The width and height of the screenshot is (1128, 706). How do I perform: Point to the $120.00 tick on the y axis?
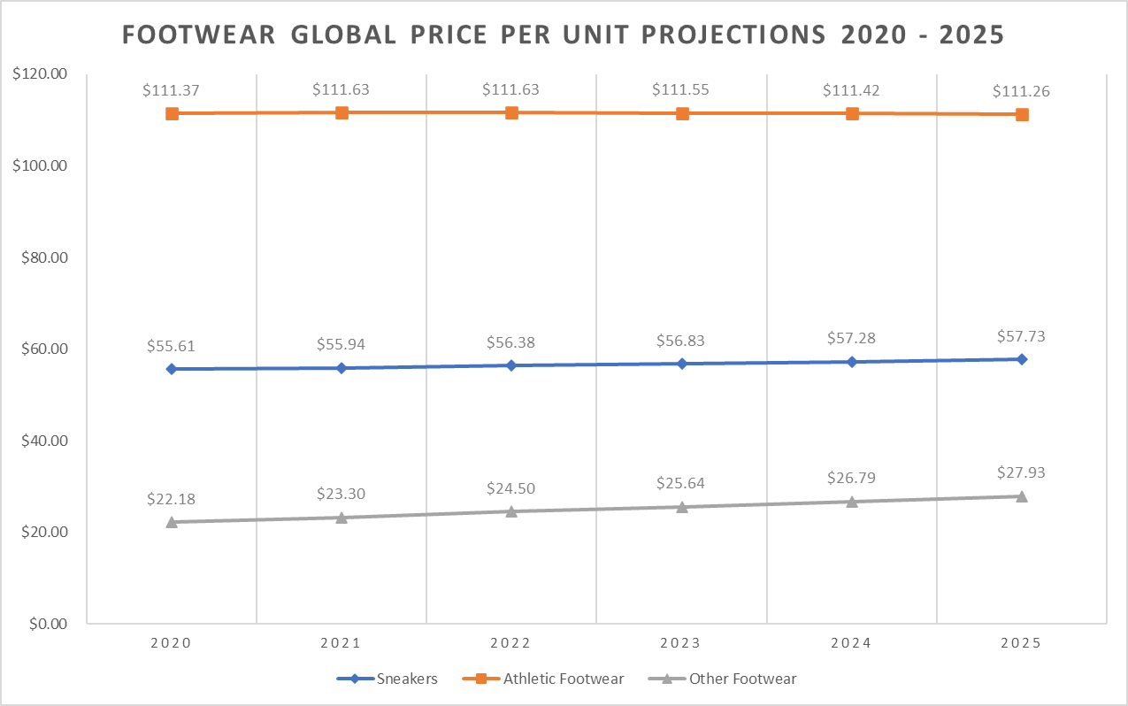(x=41, y=74)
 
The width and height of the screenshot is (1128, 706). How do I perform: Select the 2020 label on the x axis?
(x=172, y=643)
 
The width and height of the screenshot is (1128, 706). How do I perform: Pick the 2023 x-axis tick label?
(x=681, y=643)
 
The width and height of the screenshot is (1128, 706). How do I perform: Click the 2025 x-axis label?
(x=1022, y=643)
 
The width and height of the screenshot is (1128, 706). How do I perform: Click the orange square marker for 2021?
(x=341, y=112)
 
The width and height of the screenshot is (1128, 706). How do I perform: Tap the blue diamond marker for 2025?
(x=1022, y=359)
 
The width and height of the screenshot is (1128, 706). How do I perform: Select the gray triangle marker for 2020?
(x=172, y=522)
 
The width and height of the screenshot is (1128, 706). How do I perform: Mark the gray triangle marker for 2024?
(x=852, y=502)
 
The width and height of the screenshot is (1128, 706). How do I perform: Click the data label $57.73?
(x=1022, y=336)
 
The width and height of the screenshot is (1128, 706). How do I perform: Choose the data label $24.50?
(x=511, y=488)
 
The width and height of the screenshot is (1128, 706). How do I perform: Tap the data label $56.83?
(x=681, y=341)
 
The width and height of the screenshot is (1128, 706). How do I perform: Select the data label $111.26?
(x=1022, y=91)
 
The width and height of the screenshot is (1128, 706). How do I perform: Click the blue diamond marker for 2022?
(x=511, y=365)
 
